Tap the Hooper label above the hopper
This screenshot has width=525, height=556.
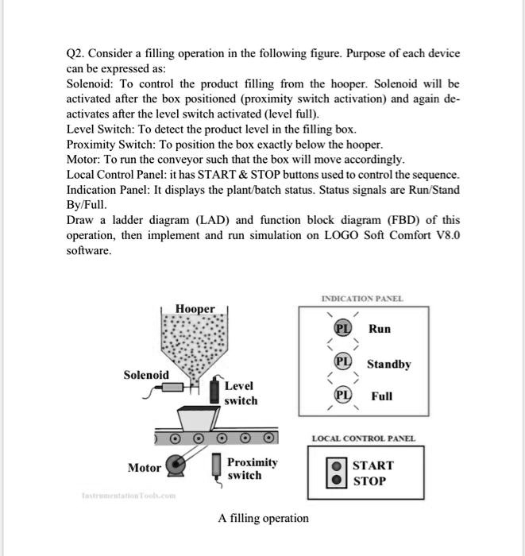pos(195,308)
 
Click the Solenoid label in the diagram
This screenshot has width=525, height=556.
pos(145,374)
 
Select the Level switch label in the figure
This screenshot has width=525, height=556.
pos(241,393)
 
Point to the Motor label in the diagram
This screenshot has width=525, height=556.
pos(145,468)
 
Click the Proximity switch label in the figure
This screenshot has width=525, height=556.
pos(252,469)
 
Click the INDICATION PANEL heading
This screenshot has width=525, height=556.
pos(361,299)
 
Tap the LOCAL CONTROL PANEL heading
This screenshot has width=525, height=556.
pos(363,438)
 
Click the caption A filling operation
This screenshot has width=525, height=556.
pos(263,518)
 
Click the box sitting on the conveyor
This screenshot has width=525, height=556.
pos(199,418)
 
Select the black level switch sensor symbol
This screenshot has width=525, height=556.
pos(214,393)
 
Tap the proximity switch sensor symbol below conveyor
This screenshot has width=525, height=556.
pos(215,467)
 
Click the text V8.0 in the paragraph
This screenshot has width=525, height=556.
pos(443,236)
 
